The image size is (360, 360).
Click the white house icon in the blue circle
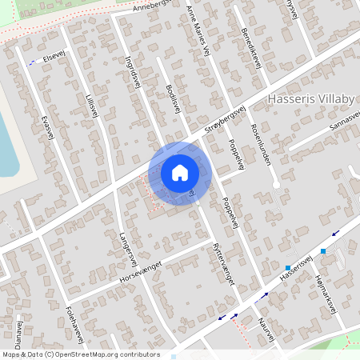tap(180, 172)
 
